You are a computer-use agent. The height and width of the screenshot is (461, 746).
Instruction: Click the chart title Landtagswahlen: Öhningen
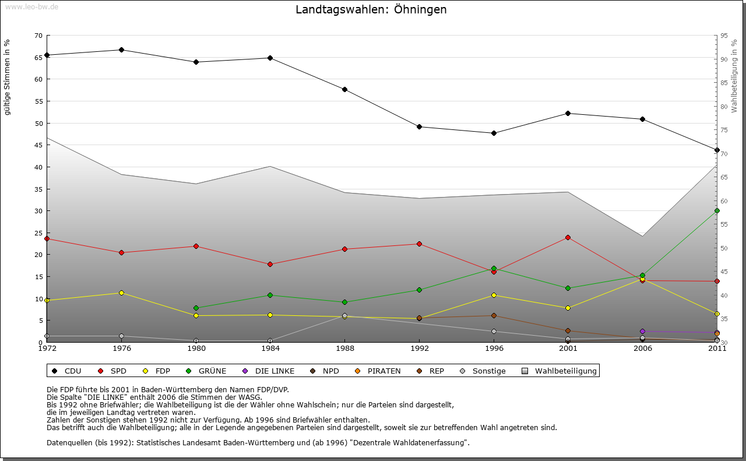tap(371, 10)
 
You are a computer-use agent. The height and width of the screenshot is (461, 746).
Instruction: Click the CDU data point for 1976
tap(121, 50)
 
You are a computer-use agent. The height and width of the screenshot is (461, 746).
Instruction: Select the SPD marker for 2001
tap(568, 238)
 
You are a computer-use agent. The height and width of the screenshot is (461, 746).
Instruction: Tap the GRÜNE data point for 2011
tap(717, 211)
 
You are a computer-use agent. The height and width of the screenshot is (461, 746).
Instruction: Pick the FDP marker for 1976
tap(121, 293)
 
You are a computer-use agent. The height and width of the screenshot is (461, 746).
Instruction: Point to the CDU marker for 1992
tap(420, 127)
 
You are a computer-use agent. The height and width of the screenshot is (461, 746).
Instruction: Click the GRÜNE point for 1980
tap(196, 308)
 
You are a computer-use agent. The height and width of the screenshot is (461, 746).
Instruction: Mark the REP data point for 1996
tap(494, 316)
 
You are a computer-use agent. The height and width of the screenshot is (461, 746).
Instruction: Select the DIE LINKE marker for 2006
tap(642, 332)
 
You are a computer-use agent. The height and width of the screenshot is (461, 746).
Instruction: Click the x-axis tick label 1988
tap(345, 349)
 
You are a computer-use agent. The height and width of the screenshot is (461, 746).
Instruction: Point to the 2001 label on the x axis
tap(568, 349)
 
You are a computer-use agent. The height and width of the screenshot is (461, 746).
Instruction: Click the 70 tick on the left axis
tap(38, 36)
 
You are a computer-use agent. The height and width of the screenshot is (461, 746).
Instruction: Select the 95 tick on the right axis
tap(724, 36)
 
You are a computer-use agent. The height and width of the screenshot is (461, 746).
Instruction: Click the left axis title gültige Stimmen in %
tap(8, 77)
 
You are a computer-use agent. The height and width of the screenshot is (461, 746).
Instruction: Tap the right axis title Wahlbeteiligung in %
tap(734, 76)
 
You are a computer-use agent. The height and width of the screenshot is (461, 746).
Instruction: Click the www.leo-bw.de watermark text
tap(31, 7)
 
